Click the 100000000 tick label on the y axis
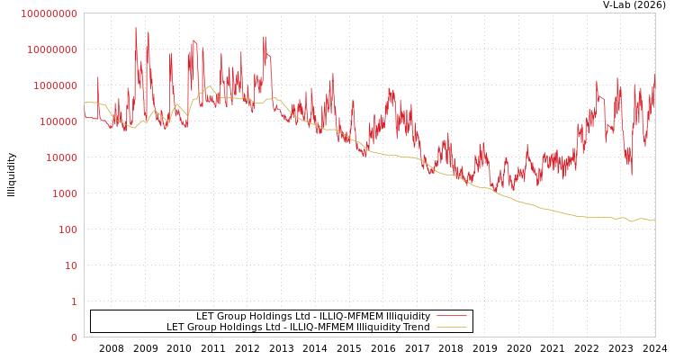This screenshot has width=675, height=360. click(49, 13)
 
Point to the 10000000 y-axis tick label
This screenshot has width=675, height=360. click(52, 49)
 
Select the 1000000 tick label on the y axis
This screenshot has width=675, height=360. click(55, 85)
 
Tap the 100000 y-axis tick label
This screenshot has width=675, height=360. click(58, 121)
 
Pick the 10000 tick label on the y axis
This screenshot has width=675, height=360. click(61, 157)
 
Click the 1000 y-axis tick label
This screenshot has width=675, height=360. click(64, 193)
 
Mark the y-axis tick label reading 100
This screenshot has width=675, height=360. click(67, 229)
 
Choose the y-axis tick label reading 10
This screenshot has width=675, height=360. click(70, 265)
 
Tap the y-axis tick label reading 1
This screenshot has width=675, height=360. click(74, 301)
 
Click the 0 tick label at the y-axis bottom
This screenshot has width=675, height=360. click(74, 337)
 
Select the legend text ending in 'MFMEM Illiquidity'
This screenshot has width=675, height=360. click(313, 316)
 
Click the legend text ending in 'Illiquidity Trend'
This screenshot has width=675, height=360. click(298, 327)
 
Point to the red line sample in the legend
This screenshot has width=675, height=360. click(451, 316)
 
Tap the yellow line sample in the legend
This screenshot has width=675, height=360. click(451, 327)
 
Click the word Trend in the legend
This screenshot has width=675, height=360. click(415, 327)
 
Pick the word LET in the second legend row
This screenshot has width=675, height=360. click(175, 327)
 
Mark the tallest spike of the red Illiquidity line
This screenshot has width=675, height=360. click(136, 28)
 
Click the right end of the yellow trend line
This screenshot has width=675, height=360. click(654, 220)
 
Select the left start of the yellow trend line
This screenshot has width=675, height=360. click(85, 103)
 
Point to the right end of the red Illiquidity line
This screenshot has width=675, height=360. click(654, 76)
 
